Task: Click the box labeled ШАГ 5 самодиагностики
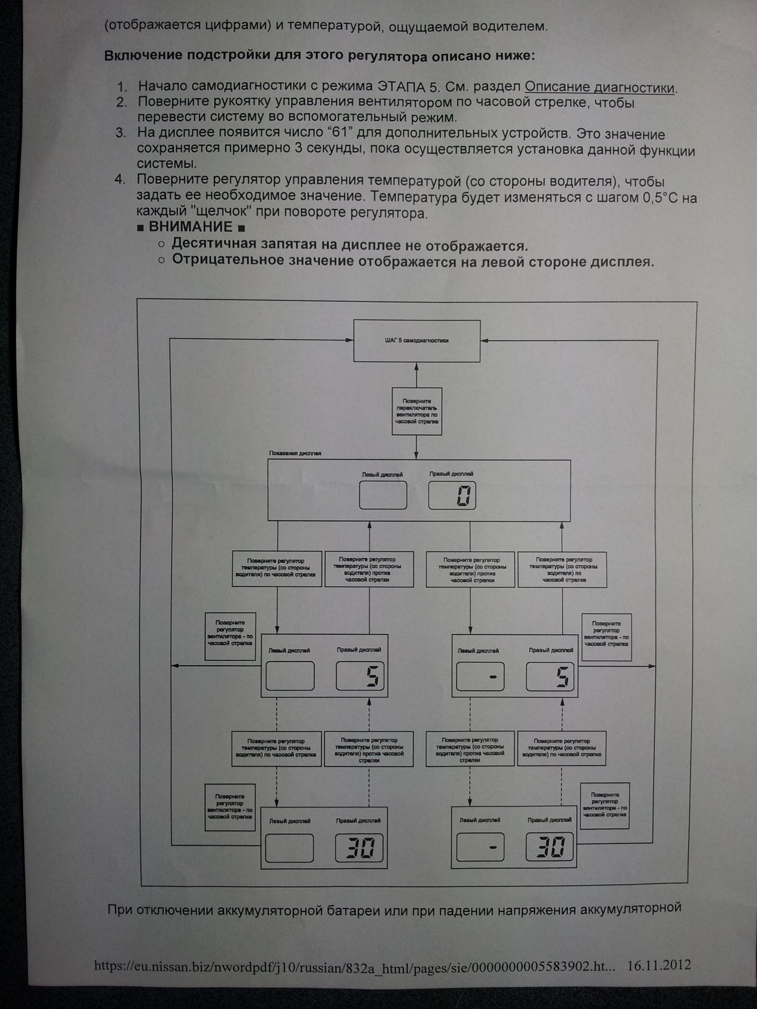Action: (x=417, y=340)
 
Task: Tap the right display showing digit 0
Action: (x=452, y=495)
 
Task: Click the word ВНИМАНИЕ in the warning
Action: (x=190, y=227)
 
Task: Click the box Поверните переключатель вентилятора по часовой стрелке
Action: (x=417, y=411)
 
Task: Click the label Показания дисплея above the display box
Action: (x=295, y=453)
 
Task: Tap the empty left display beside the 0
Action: (x=383, y=495)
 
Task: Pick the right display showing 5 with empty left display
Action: (x=360, y=675)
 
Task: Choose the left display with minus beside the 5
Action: (x=480, y=676)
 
